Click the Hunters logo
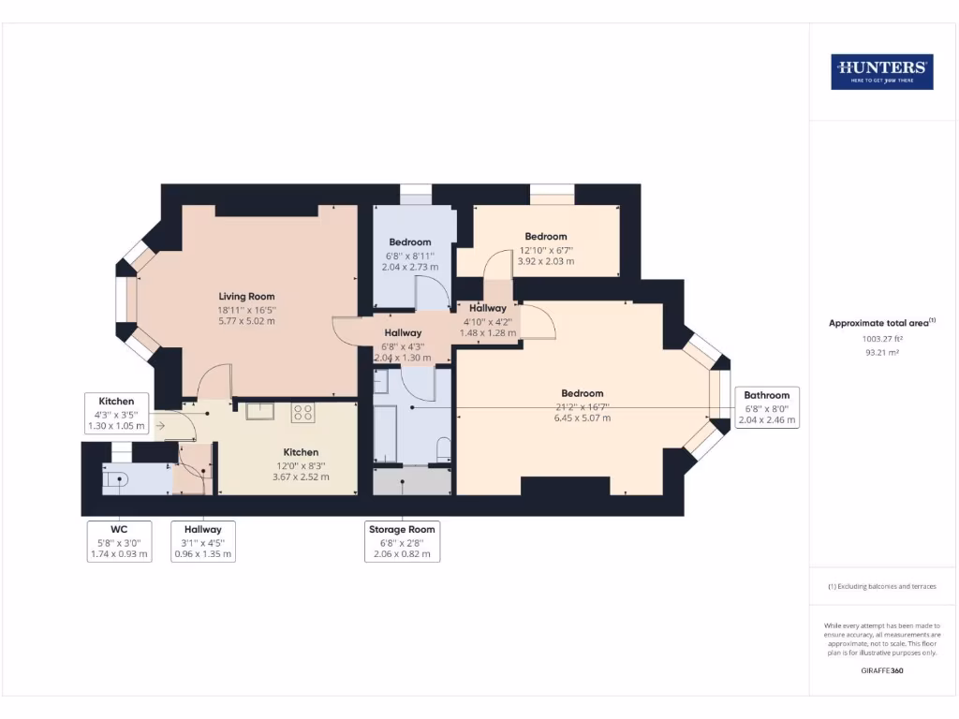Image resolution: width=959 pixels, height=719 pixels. pos(881,72)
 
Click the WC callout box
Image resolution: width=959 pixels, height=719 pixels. pos(118,541)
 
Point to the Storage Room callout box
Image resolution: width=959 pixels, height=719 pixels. pos(401,541)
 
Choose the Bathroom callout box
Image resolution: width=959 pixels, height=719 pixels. pos(767,407)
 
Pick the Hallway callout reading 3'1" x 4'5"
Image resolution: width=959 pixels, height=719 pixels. pos(203,541)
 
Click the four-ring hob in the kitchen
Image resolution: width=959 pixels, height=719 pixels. pos(303,412)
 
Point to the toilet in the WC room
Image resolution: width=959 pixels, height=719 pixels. pos(115,479)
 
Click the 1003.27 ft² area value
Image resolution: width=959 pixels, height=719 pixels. pos(881,339)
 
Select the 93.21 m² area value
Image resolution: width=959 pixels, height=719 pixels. pos(881,353)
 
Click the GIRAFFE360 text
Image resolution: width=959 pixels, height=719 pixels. pos(881,670)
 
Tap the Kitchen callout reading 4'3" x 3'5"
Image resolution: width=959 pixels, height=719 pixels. pos(117,413)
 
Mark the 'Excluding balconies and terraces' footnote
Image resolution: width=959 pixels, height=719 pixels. pos(881,586)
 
